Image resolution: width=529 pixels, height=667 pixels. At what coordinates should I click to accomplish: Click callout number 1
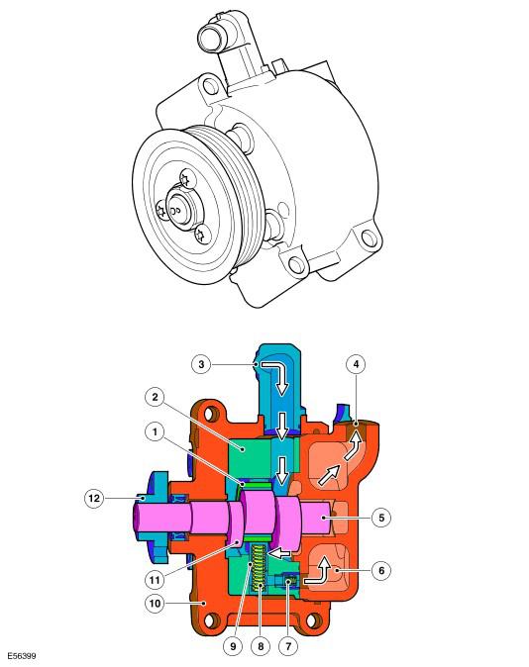click(156, 431)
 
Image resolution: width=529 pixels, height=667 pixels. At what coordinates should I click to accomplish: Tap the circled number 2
click(156, 397)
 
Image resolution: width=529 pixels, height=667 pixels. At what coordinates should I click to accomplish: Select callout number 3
click(201, 364)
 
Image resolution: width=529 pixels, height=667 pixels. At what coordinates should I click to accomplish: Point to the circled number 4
click(356, 364)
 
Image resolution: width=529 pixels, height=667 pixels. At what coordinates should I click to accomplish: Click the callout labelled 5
click(381, 518)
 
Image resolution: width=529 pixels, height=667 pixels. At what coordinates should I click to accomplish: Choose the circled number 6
click(381, 570)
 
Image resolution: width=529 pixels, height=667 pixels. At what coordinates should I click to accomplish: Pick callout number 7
click(288, 646)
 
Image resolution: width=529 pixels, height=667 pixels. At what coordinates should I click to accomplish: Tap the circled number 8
click(261, 646)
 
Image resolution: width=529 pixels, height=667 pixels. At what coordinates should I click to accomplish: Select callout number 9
click(233, 646)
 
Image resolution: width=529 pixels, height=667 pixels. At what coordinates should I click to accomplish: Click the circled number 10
click(156, 604)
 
